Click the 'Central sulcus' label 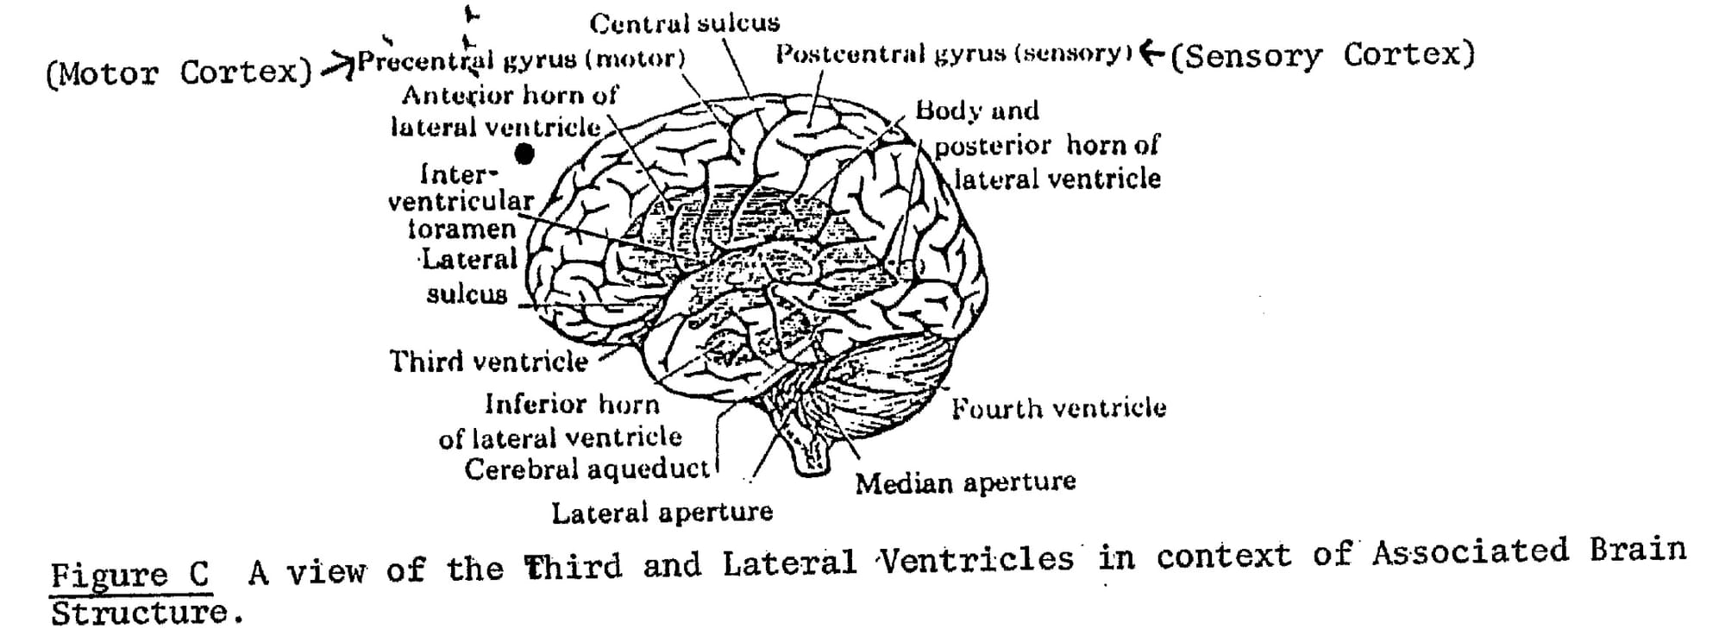(684, 23)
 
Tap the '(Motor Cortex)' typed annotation (179, 73)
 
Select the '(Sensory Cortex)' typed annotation (1322, 55)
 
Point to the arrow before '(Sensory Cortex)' (1152, 53)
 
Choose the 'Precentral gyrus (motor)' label (521, 60)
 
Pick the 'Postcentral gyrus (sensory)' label (953, 53)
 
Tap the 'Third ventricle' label (488, 361)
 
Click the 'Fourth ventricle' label (1058, 407)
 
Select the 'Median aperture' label (965, 481)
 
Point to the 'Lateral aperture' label (662, 513)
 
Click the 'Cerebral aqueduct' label (586, 469)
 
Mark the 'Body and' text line (977, 110)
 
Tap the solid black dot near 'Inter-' (524, 154)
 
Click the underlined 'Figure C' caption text (129, 574)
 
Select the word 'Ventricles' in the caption (976, 561)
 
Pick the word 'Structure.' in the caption (141, 614)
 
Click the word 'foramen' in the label (461, 230)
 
